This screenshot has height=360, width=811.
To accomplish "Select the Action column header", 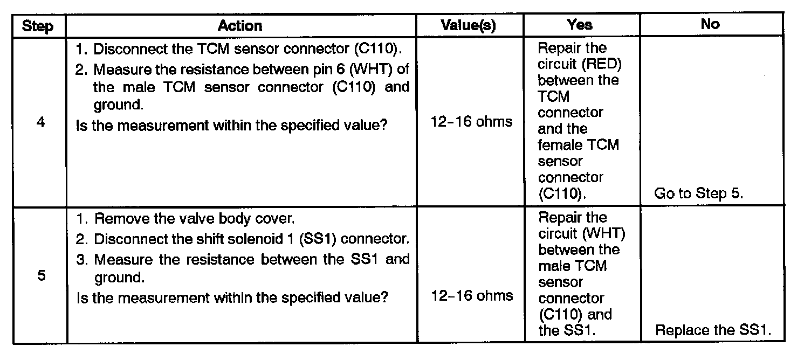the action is click(x=240, y=25).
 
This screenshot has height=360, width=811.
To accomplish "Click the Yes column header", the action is click(x=580, y=24).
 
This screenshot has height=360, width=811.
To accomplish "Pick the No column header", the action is click(x=710, y=24).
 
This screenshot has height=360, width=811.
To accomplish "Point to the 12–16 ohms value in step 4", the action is click(x=472, y=122).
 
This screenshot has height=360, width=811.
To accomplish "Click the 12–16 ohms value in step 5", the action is click(x=472, y=295).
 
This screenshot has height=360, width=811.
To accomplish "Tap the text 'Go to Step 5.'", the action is click(x=699, y=194).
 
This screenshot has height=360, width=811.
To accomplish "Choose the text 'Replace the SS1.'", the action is click(x=713, y=330).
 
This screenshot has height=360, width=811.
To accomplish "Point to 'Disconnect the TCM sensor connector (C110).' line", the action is click(x=240, y=50).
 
